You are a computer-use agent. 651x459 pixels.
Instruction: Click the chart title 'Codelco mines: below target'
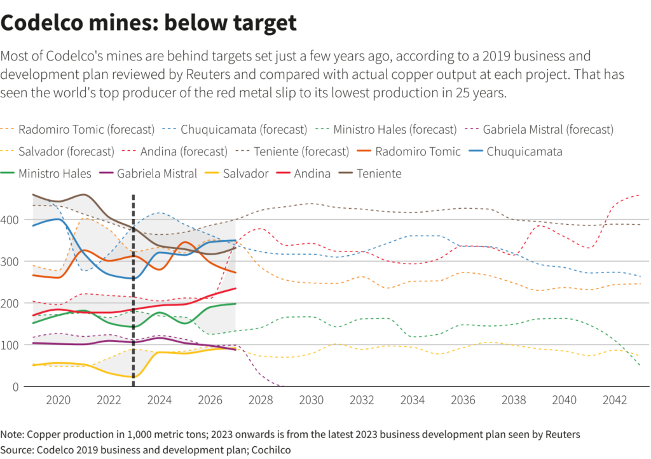pos(149,23)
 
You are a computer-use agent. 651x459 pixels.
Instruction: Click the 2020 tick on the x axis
pos(58,400)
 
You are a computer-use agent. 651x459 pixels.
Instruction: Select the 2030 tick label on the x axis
pos(312,400)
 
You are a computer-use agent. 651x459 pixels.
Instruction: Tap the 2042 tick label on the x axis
pos(615,400)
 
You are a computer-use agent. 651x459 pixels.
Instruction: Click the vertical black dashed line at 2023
pos(134,286)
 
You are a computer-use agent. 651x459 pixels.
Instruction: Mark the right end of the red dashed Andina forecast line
pos(639,195)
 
